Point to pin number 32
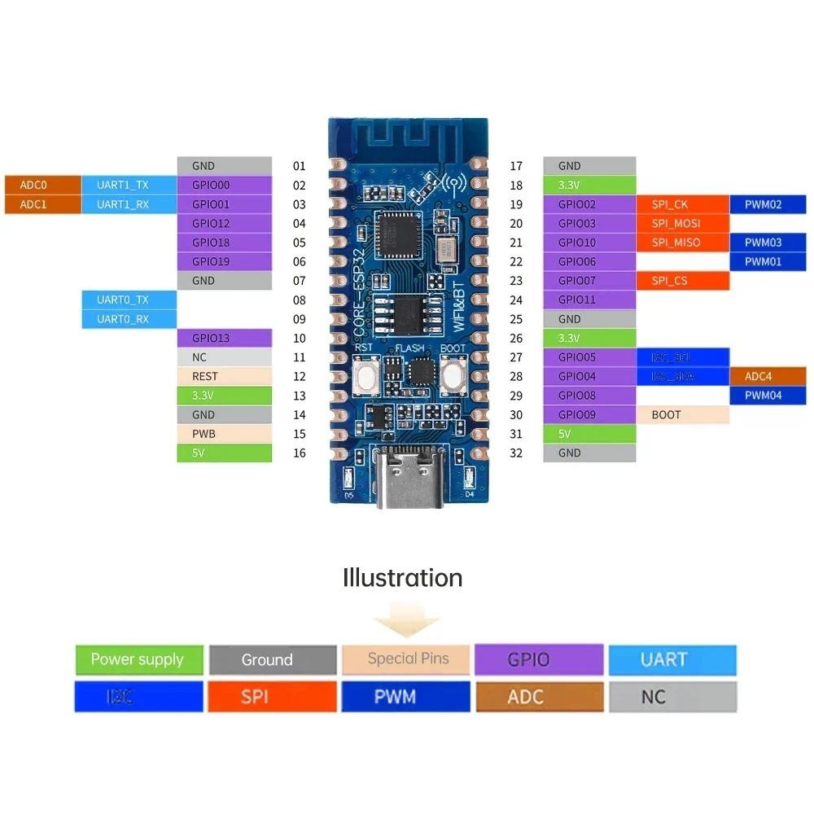click(x=515, y=453)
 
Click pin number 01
click(x=300, y=166)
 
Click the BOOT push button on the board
click(x=453, y=377)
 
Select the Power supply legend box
click(x=138, y=659)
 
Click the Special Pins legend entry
click(x=407, y=659)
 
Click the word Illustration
click(x=403, y=578)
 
